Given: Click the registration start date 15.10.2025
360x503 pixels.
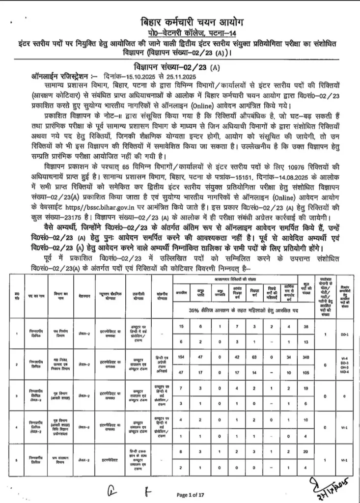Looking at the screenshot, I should point(129,77).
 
